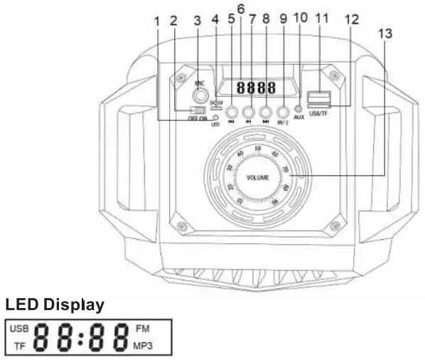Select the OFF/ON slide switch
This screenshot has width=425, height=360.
pyautogui.click(x=198, y=111)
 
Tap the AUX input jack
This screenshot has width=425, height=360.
pyautogui.click(x=298, y=110)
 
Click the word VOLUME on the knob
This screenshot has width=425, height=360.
pyautogui.click(x=258, y=176)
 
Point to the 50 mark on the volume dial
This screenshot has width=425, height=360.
pyautogui.click(x=258, y=149)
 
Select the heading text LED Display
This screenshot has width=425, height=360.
pyautogui.click(x=55, y=305)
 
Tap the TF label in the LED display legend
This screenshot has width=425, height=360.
pyautogui.click(x=21, y=346)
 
